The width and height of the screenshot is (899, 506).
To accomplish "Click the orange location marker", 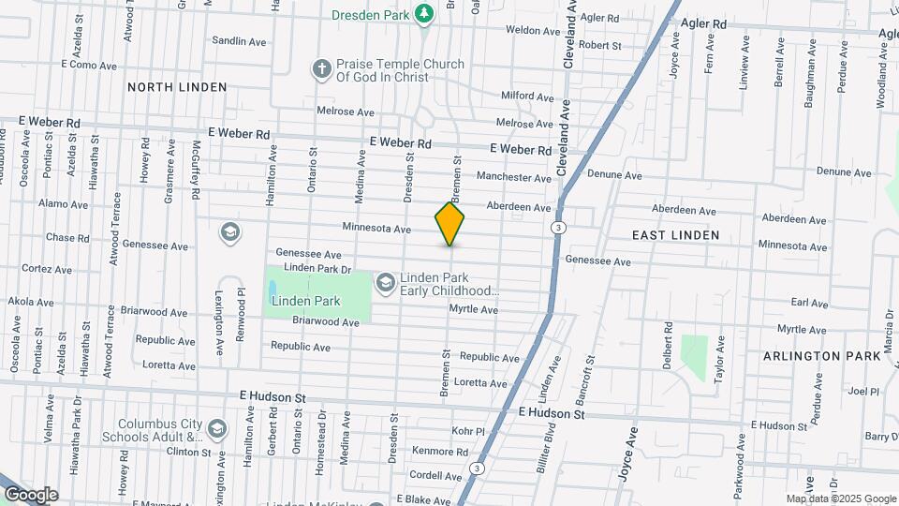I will pos(449,223).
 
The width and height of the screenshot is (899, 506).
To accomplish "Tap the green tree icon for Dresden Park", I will pos(424,13).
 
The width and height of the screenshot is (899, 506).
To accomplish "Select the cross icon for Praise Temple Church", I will pos(321,69).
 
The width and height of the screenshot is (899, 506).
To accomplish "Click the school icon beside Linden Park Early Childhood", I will pos(385,282).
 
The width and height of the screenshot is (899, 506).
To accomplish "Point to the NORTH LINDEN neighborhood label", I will pos(177,87).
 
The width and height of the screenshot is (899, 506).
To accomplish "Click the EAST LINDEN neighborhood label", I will pos(675,235).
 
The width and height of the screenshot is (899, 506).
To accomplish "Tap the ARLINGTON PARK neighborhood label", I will pos(821,356).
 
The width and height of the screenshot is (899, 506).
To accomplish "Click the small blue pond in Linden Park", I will pos(273,289).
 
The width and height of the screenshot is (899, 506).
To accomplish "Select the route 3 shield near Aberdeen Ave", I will pos(558,228).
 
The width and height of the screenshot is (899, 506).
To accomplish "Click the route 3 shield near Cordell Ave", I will pos(478,468).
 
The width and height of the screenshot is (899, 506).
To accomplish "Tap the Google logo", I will pos(30,495).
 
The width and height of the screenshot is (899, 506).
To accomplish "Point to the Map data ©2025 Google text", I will pos(841,499).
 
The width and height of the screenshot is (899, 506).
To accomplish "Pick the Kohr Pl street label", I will pos(465,431).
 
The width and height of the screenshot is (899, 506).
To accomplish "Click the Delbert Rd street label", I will pos(669,346).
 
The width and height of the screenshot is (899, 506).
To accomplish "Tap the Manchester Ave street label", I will pos(514,177).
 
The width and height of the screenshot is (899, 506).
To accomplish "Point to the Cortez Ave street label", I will pos(41,268).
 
